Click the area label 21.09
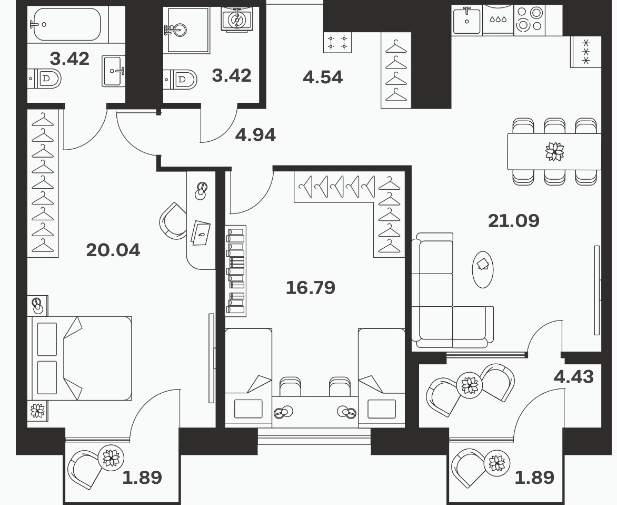tap(513, 220)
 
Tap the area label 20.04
tap(113, 250)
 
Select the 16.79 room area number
tap(311, 288)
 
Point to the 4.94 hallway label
tap(255, 135)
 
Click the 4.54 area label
tap(323, 77)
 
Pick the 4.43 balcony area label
tap(573, 377)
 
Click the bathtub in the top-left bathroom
tap(67, 24)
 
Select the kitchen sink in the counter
tap(466, 20)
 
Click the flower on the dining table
tap(554, 151)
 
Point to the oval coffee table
tap(482, 269)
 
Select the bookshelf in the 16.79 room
tap(235, 271)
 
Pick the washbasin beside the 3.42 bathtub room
tap(114, 71)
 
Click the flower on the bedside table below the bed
tap(37, 411)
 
